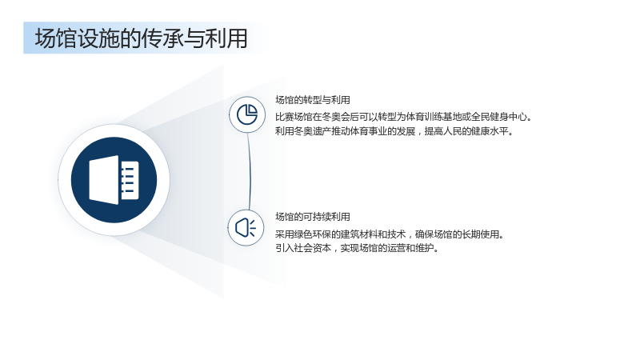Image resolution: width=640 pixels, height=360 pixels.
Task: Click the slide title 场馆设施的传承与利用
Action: coord(142,38)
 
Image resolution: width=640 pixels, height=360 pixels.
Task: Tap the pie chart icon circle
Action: coord(247,114)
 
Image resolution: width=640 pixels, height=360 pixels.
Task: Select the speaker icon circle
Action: coord(246,228)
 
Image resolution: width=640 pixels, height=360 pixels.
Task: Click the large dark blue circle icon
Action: coord(114,180)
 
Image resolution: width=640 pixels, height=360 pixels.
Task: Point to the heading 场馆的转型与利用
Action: coord(313,100)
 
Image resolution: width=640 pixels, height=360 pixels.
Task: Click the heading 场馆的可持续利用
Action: coord(313,217)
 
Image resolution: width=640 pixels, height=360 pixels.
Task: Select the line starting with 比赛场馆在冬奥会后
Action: coord(404,117)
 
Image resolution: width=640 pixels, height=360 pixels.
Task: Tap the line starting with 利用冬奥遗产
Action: coord(394,131)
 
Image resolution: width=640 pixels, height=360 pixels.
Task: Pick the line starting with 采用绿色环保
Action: coord(390,234)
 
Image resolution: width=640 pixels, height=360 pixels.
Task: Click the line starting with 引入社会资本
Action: coord(357,248)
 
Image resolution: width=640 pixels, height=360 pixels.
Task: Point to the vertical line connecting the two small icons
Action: coord(249,171)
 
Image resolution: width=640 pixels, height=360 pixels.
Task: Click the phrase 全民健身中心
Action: coord(499,117)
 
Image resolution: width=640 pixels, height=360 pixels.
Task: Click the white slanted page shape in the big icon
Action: coord(104,180)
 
